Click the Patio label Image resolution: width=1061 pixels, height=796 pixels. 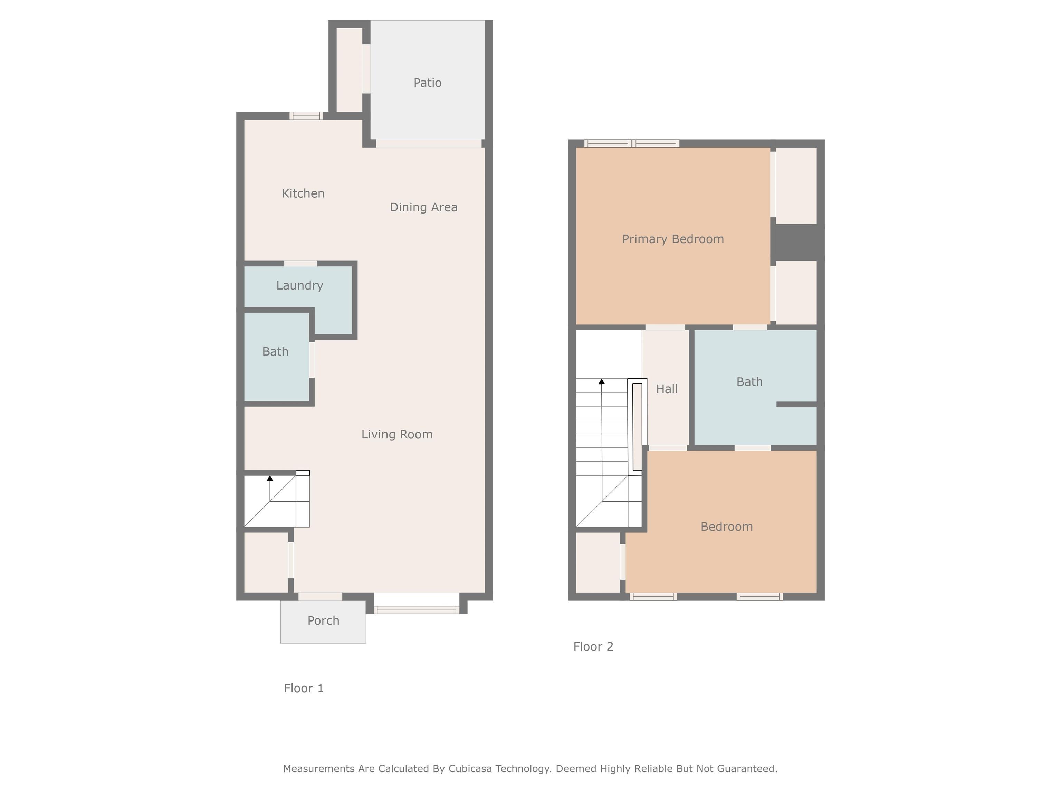point(427,83)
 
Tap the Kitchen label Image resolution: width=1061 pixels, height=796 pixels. point(303,193)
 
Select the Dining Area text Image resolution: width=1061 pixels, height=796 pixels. point(423,207)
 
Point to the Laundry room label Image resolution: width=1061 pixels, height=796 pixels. point(300,285)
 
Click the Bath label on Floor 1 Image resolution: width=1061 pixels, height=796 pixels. point(275,352)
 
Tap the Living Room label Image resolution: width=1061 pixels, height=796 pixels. point(397,434)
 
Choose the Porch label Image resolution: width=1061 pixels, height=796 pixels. point(323,620)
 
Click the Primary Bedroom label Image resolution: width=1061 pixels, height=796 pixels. point(673,239)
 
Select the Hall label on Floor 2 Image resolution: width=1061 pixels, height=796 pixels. point(667,389)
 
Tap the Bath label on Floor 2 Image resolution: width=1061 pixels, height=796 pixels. point(749,382)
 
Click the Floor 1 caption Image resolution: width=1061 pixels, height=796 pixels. point(304,688)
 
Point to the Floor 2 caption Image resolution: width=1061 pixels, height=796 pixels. point(593,646)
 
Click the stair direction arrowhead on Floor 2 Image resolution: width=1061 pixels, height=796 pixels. point(602,381)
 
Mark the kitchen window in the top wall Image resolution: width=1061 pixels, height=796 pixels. point(306,116)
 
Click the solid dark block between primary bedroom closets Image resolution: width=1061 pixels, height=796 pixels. point(797,242)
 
